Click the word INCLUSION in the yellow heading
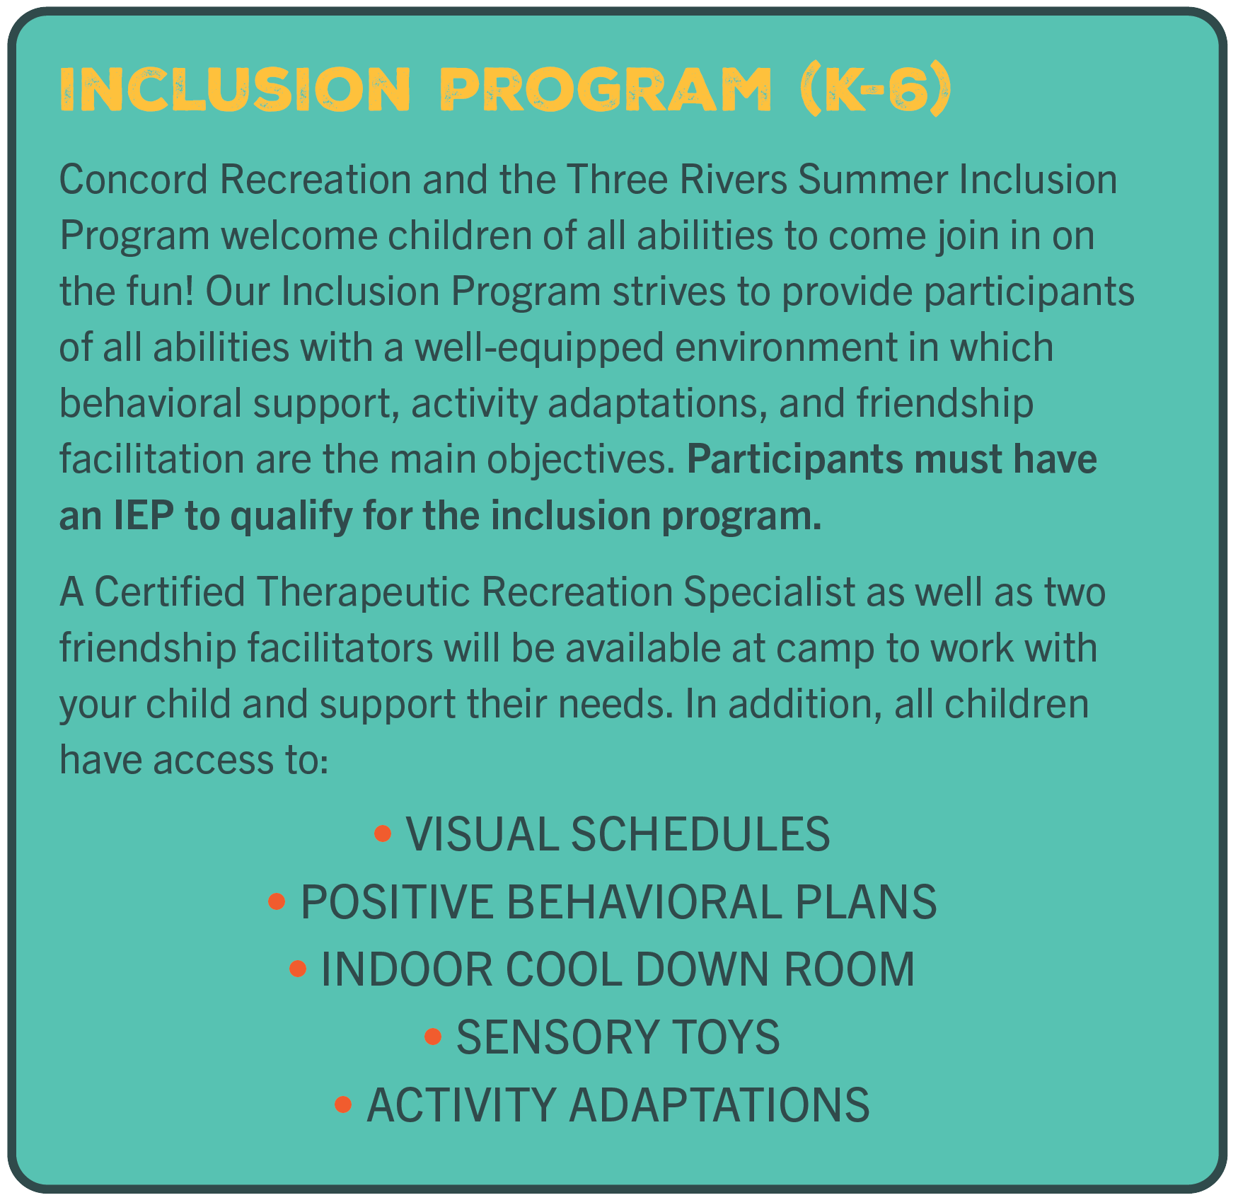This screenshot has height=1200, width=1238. [234, 90]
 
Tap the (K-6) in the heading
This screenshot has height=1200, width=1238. [875, 90]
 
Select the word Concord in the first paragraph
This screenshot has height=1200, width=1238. [134, 180]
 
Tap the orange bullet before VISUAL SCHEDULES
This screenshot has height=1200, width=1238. [383, 833]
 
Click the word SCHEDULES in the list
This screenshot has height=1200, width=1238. [700, 833]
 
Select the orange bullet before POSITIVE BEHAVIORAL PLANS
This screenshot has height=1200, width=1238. [277, 901]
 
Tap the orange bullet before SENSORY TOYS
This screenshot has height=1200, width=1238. [433, 1037]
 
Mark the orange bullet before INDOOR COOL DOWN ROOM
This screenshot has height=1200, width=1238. [298, 969]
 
